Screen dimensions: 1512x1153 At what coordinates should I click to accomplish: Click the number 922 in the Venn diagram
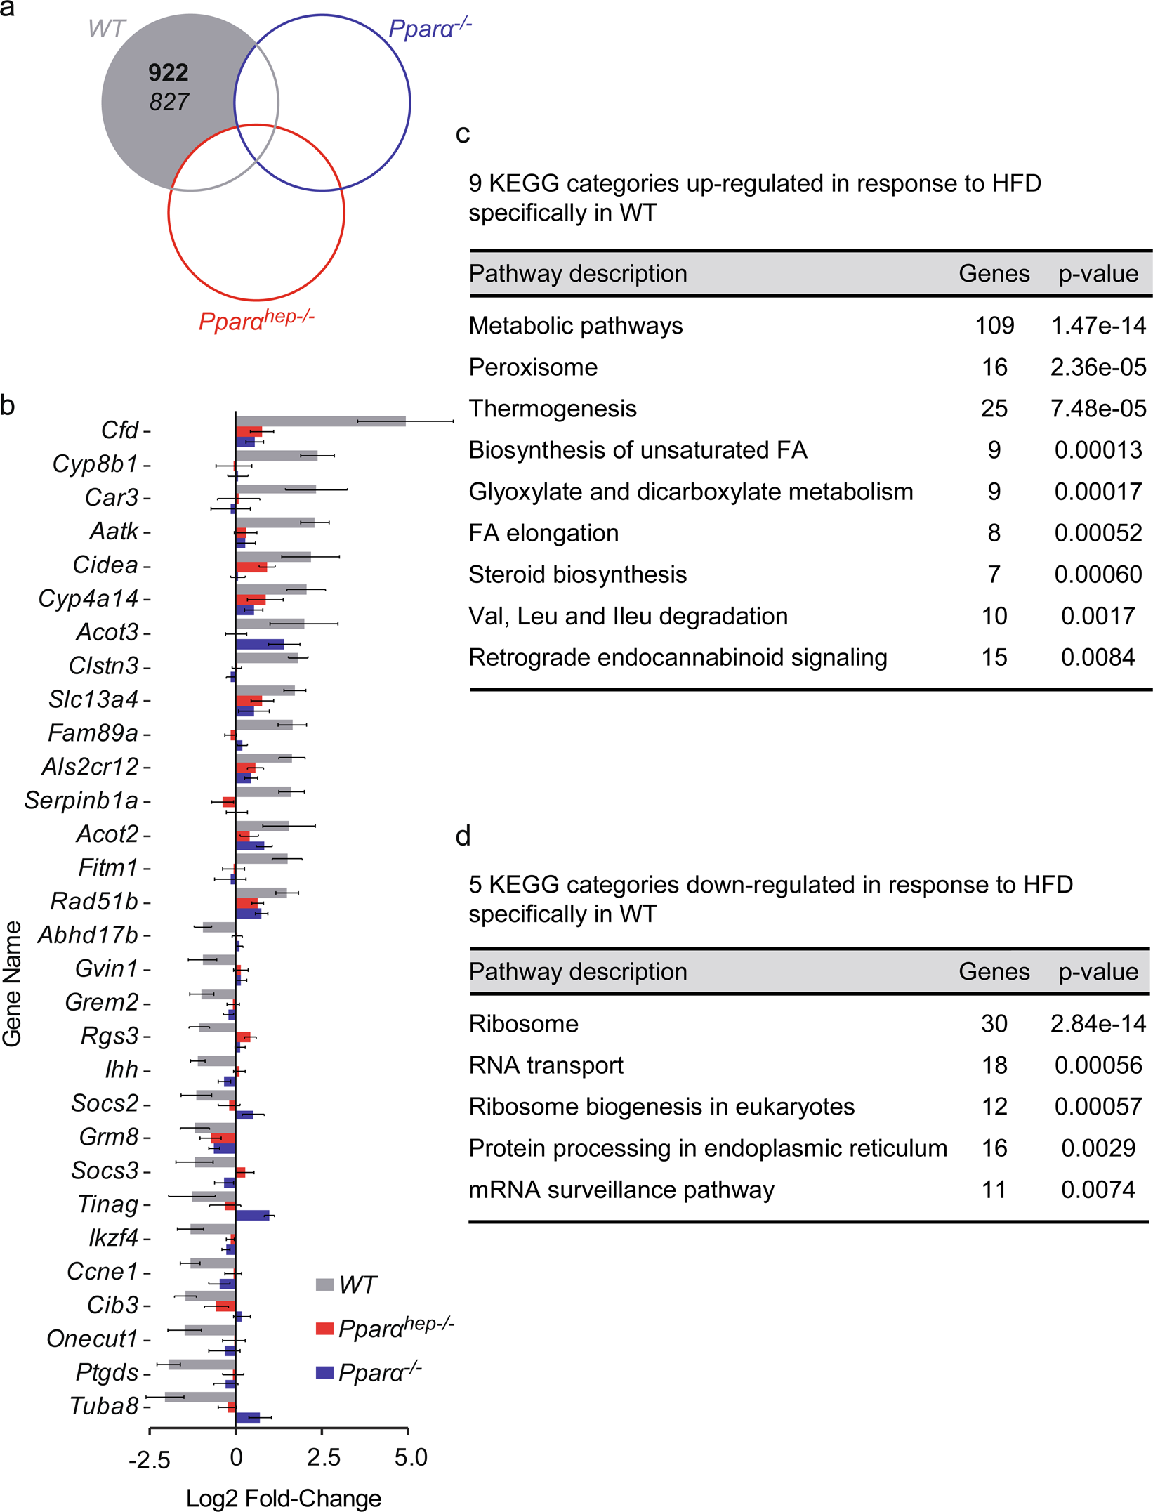(168, 72)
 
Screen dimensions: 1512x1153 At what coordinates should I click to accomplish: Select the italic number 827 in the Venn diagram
(169, 102)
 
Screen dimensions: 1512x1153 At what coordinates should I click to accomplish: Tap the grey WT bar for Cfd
(320, 421)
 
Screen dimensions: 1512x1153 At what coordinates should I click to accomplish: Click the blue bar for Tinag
(252, 1216)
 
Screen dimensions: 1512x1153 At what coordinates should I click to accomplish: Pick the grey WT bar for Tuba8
(200, 1397)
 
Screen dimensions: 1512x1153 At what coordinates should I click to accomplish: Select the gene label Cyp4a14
(88, 598)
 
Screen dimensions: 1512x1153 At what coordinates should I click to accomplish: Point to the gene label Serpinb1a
(81, 800)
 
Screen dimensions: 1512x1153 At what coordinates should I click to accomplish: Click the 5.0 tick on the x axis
(410, 1457)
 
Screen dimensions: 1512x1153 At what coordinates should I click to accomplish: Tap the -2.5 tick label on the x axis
(149, 1460)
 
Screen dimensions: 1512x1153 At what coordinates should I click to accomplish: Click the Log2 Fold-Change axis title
(284, 1498)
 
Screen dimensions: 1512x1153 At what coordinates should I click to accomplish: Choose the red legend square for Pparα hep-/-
(324, 1328)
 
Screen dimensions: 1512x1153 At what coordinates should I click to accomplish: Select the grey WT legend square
(324, 1284)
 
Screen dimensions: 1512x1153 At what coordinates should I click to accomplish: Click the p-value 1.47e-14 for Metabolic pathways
(1098, 326)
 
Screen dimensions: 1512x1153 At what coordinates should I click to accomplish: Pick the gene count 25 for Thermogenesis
(994, 409)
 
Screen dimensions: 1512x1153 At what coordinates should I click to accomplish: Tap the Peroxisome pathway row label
(533, 367)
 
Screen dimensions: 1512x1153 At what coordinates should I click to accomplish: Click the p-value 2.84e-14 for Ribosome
(1098, 1024)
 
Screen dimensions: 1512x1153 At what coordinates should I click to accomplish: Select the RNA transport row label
(546, 1065)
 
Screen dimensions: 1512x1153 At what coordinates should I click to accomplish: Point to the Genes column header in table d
(994, 972)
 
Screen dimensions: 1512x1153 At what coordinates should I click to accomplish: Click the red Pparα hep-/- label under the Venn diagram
(256, 320)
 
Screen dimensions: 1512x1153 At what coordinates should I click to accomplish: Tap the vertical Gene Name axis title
(12, 983)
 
